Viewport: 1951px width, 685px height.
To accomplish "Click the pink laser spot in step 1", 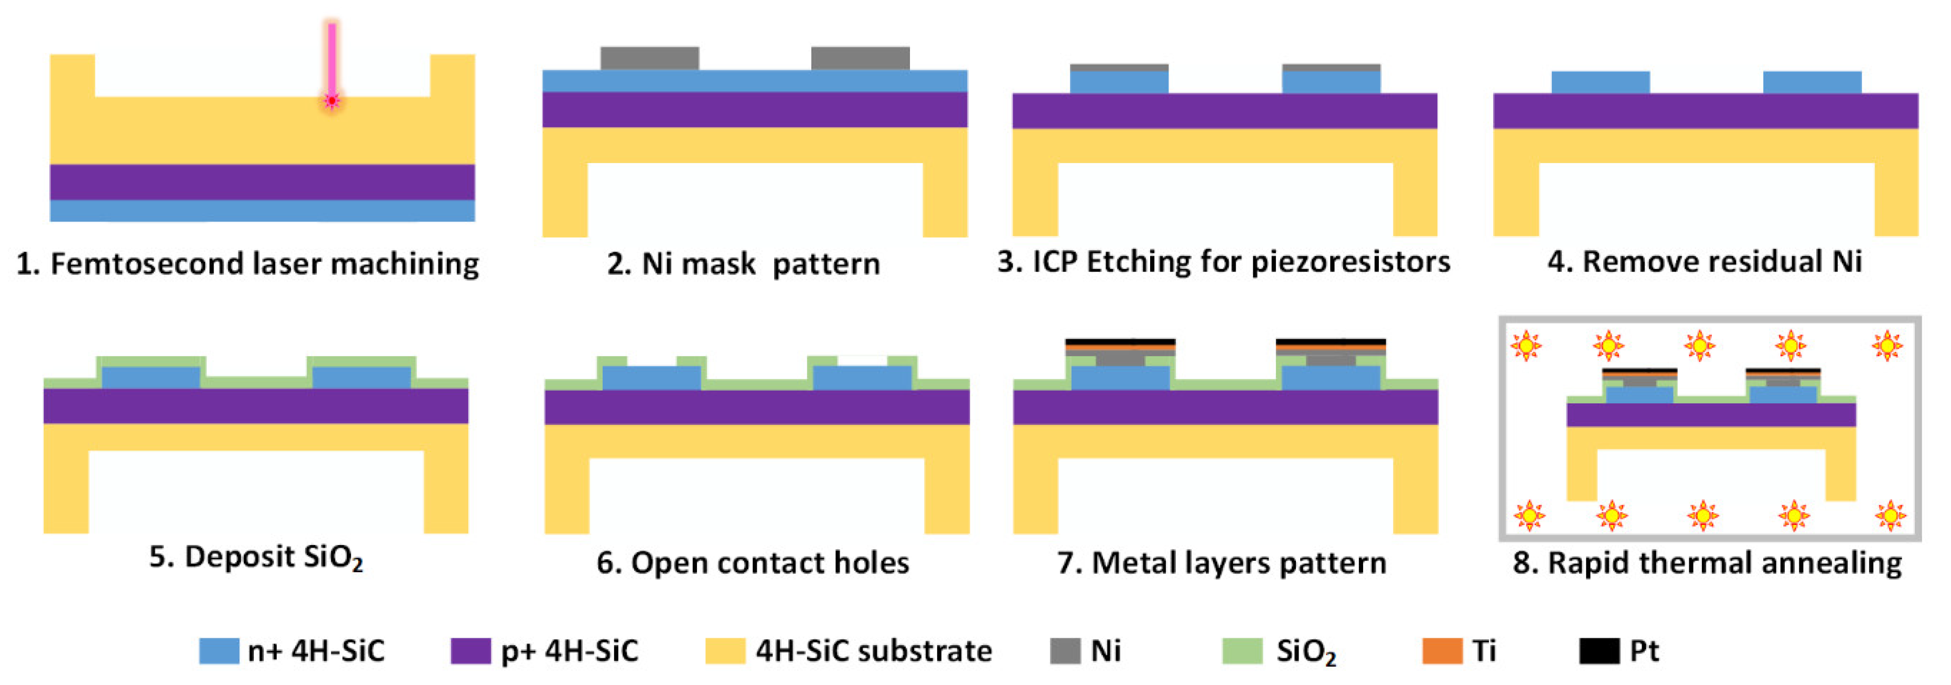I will click(331, 101).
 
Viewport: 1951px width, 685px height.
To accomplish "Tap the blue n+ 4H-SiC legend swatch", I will click(218, 651).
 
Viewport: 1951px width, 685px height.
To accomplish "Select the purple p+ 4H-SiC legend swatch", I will click(470, 651).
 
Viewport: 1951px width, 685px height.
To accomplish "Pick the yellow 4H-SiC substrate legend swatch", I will click(725, 651).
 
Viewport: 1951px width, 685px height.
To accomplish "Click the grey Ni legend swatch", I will click(1065, 651).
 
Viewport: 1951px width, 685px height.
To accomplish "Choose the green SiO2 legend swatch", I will click(1242, 651).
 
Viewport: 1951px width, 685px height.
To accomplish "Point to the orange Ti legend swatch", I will click(1442, 651).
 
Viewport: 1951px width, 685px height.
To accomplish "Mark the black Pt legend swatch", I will click(1599, 651).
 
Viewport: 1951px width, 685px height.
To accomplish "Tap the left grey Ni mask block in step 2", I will click(649, 58).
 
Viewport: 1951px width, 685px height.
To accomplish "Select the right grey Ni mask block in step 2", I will click(860, 58).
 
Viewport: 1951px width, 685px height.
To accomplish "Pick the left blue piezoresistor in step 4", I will click(1600, 82).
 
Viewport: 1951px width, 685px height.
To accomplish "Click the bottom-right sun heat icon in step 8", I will click(1890, 515).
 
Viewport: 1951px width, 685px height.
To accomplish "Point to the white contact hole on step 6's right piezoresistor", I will click(862, 361).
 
